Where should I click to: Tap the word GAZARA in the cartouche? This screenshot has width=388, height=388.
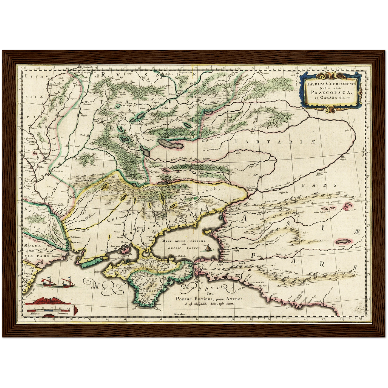click(329, 97)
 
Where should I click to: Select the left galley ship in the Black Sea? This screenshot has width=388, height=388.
click(48, 282)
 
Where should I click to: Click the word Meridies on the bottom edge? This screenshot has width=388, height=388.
click(180, 314)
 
